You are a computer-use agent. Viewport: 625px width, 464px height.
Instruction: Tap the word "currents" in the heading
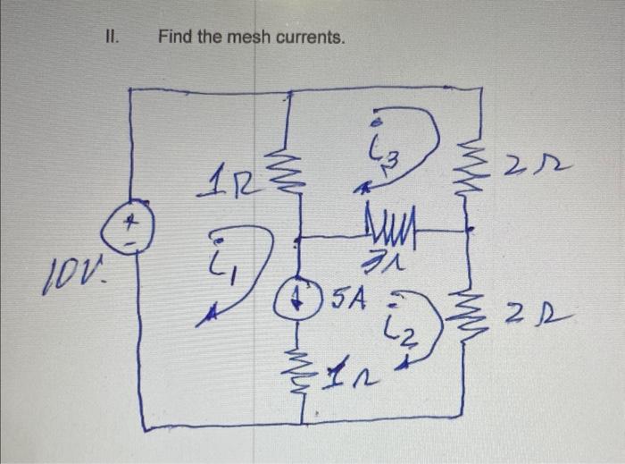click(308, 38)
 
